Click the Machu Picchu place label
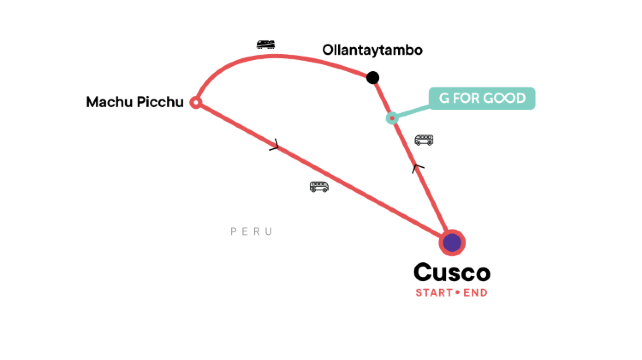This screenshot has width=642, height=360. click(x=135, y=101)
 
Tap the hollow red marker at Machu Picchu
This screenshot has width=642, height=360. click(x=196, y=102)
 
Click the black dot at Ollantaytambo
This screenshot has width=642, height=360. click(x=373, y=77)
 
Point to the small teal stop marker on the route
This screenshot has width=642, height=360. click(x=393, y=118)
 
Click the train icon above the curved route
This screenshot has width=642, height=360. click(x=266, y=44)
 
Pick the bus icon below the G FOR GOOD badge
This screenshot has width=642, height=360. click(x=424, y=140)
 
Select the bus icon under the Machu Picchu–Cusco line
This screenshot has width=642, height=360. click(x=319, y=186)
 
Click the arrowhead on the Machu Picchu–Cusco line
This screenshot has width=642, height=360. click(x=275, y=148)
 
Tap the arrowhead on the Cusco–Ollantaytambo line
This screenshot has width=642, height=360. click(x=418, y=169)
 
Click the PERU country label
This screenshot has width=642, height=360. click(x=251, y=232)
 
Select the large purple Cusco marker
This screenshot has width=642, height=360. click(x=452, y=242)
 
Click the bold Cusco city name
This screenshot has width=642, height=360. click(x=452, y=272)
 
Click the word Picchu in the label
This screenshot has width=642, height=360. click(x=160, y=101)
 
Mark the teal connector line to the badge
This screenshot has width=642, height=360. click(x=411, y=109)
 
